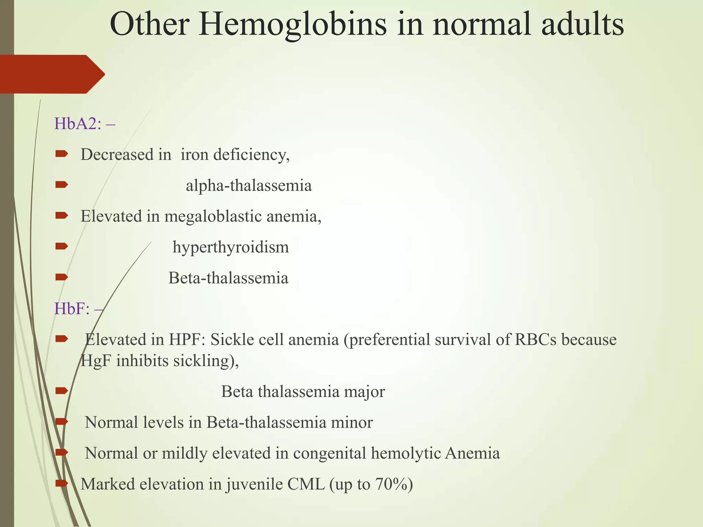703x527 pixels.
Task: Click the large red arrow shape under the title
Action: click(x=51, y=74)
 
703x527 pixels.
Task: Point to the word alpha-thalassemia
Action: click(x=249, y=186)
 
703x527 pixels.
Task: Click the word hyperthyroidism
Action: click(x=231, y=247)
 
